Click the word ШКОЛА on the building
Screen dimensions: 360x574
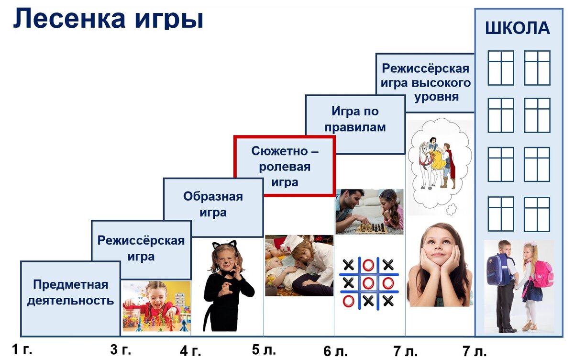tap(518, 28)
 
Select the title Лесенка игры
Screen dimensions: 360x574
tap(108, 18)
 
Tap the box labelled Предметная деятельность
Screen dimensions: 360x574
tap(70, 292)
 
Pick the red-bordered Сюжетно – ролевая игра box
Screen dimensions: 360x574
tap(285, 166)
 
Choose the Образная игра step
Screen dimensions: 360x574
tap(213, 204)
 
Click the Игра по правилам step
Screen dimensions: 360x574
tap(355, 120)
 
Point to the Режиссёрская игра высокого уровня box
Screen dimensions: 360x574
tap(426, 83)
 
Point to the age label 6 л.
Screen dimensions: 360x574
tap(335, 351)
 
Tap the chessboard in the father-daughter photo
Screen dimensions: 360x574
tap(371, 228)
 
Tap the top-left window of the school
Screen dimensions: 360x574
tap(500, 67)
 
